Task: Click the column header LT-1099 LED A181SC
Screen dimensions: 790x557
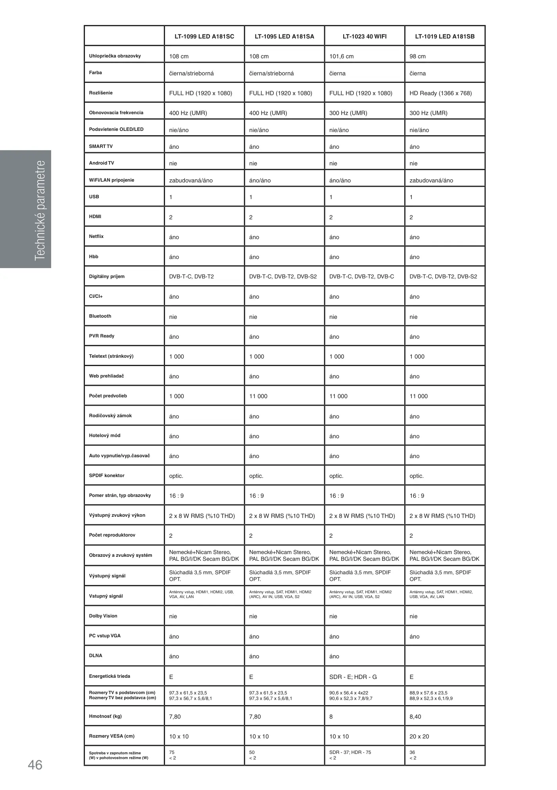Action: pyautogui.click(x=204, y=36)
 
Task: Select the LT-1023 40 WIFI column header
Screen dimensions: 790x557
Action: pyautogui.click(x=364, y=36)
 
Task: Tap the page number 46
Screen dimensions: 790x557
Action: pyautogui.click(x=35, y=765)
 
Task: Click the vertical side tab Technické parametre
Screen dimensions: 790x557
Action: pyautogui.click(x=40, y=210)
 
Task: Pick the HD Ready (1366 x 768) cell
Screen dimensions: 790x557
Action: pyautogui.click(x=440, y=93)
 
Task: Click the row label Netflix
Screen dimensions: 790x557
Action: pyautogui.click(x=96, y=236)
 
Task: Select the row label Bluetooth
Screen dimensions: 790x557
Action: pyautogui.click(x=100, y=316)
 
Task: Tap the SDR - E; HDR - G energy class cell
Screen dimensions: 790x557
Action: pyautogui.click(x=353, y=677)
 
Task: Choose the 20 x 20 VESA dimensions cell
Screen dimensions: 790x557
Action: pyautogui.click(x=419, y=736)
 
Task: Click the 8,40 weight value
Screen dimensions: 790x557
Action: pyautogui.click(x=415, y=717)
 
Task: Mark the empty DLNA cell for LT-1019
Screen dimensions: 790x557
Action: pyautogui.click(x=445, y=656)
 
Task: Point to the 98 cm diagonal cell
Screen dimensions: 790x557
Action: pyautogui.click(x=417, y=56)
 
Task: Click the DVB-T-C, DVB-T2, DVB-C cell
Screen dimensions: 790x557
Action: pyautogui.click(x=361, y=276)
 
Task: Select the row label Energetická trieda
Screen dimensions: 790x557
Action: pyautogui.click(x=109, y=676)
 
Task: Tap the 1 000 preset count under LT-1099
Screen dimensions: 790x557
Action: pyautogui.click(x=177, y=396)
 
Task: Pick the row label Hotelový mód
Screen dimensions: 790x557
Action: pyautogui.click(x=105, y=435)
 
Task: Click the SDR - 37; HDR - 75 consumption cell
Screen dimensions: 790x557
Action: pyautogui.click(x=350, y=752)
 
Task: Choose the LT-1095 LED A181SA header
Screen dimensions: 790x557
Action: pyautogui.click(x=284, y=36)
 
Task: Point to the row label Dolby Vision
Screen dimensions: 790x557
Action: pyautogui.click(x=103, y=616)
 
